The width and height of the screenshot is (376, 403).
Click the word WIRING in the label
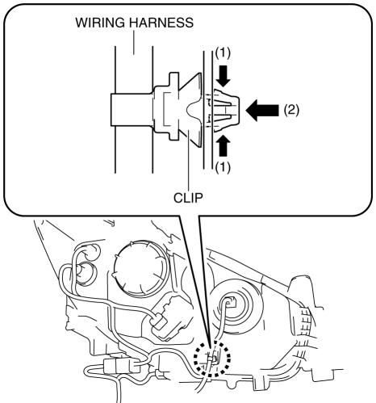[100, 23]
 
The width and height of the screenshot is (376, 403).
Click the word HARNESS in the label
[161, 23]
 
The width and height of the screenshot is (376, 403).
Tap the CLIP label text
[188, 199]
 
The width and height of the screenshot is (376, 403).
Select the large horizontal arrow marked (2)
[262, 110]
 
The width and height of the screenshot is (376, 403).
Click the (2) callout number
[291, 110]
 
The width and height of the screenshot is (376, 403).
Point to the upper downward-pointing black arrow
[224, 76]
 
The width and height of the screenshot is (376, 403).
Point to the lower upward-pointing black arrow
[224, 145]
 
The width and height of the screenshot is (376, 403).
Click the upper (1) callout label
[223, 52]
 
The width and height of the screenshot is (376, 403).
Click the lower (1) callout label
[223, 168]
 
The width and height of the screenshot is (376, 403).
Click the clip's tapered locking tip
[227, 111]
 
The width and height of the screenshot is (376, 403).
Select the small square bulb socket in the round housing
[231, 300]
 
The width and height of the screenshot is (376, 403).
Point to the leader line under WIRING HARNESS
[134, 42]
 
